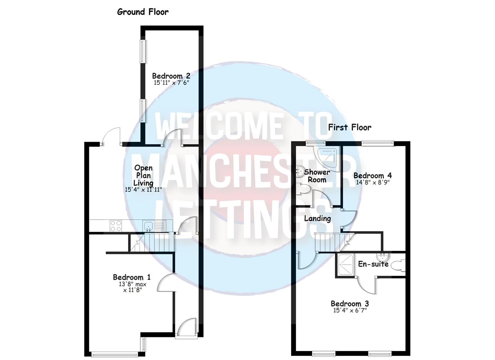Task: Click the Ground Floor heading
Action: coord(143,12)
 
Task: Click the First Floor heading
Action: coord(349,127)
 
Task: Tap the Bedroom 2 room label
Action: coord(171,76)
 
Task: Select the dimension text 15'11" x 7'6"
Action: coord(171,82)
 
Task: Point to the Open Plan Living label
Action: coord(143,175)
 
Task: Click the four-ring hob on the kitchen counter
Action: coord(116,226)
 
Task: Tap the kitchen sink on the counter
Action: coord(148,226)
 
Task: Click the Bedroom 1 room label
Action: coord(132,277)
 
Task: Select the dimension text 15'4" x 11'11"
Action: coord(143,190)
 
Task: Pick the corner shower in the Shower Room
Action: coord(328,158)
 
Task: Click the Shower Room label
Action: coord(317,176)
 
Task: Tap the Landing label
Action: coord(317,219)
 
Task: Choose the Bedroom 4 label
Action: coord(373,176)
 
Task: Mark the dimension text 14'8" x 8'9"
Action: coord(373,182)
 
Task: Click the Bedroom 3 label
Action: coord(350,304)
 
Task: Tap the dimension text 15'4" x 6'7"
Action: coord(350,310)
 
